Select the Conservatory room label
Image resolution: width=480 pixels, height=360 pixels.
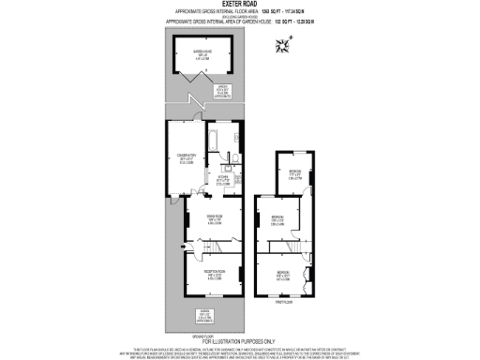click(x=187, y=158)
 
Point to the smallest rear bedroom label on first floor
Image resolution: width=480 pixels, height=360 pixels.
click(x=294, y=173)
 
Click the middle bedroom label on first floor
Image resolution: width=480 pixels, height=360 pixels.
click(x=277, y=219)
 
